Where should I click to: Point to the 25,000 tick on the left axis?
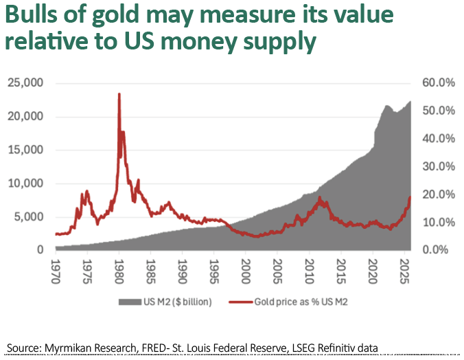tap(25, 83)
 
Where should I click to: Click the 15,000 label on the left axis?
tap(25, 150)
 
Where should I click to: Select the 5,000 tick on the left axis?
tap(29, 216)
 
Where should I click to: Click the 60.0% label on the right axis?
tap(437, 83)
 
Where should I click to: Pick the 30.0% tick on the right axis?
tap(437, 166)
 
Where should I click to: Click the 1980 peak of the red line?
tap(119, 94)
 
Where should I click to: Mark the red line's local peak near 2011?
tap(319, 198)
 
